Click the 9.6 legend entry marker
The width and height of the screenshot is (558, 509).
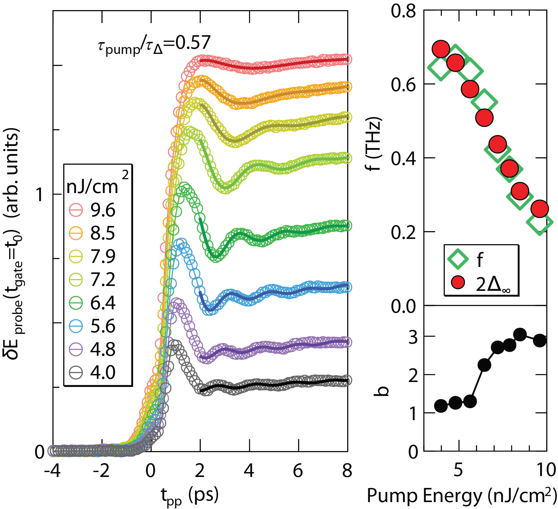click(76, 210)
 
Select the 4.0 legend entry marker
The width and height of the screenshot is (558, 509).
click(76, 373)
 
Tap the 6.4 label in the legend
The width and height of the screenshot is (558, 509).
click(103, 303)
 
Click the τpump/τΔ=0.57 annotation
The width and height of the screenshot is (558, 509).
click(154, 45)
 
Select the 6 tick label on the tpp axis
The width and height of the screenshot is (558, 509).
click(298, 471)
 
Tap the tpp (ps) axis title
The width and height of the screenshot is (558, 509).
click(190, 495)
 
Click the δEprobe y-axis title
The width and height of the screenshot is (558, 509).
click(13, 244)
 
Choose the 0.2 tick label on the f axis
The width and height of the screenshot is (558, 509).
click(403, 232)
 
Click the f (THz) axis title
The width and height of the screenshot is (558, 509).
click(374, 144)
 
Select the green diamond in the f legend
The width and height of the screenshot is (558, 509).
click(458, 259)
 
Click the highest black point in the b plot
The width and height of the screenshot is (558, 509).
click(520, 335)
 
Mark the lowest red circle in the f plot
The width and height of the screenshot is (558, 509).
click(540, 209)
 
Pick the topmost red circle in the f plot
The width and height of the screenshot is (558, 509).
click(441, 49)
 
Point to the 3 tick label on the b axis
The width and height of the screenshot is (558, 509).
click(413, 337)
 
